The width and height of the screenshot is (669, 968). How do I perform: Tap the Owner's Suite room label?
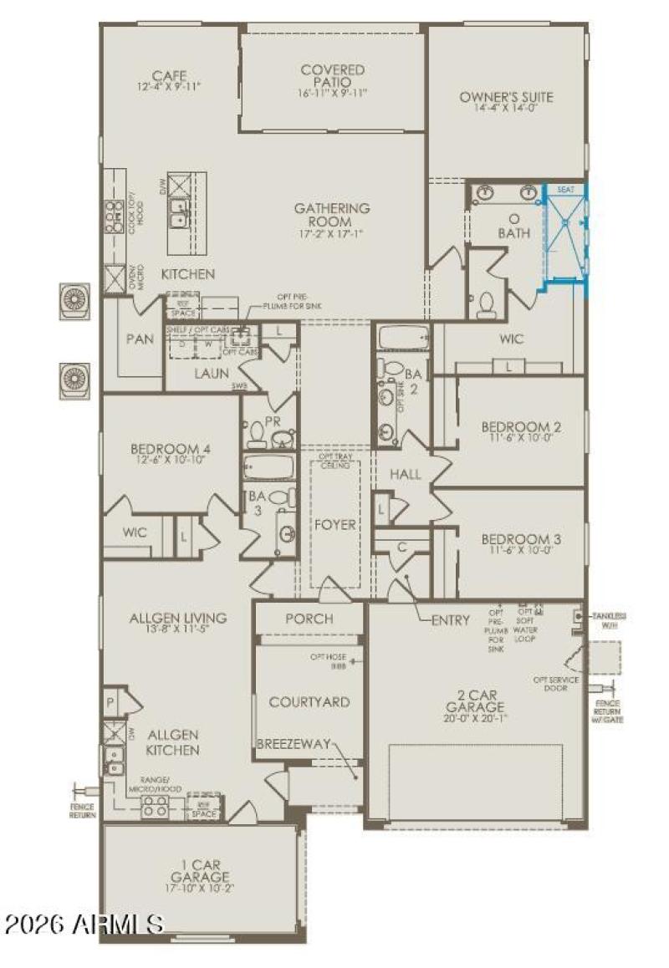[506, 97]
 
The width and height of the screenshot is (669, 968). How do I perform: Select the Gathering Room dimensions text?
[331, 223]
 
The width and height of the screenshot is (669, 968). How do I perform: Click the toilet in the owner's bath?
[485, 306]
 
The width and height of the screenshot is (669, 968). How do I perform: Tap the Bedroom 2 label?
[521, 427]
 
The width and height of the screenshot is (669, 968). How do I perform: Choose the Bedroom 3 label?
[521, 539]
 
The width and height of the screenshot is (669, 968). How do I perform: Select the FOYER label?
[334, 525]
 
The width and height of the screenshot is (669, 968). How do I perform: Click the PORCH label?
[309, 619]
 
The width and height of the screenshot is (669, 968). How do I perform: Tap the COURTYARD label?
[309, 702]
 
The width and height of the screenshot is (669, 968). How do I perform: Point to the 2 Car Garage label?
[475, 701]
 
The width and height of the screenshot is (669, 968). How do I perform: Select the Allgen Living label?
[177, 619]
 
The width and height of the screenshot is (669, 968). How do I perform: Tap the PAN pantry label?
[140, 339]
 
